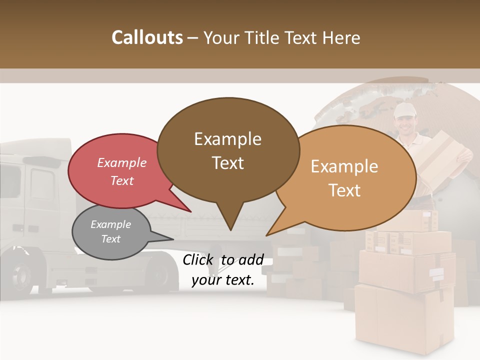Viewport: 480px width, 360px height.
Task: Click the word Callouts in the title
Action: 147,37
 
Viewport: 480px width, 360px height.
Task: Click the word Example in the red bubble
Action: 121,163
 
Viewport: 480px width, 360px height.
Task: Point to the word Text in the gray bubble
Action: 110,239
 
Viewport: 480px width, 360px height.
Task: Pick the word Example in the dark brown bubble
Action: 227,139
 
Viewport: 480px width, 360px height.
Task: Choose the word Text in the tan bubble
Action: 345,190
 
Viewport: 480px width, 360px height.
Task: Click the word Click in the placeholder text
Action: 199,259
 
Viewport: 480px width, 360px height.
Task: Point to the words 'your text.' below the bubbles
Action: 223,280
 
